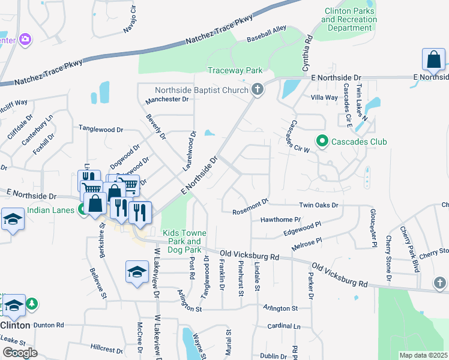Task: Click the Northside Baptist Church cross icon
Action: [258, 90]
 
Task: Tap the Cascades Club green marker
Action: [322, 142]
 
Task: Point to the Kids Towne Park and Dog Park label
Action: [182, 241]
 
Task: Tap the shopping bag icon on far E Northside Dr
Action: [433, 61]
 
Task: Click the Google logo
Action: [20, 352]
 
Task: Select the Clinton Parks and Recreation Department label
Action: [349, 19]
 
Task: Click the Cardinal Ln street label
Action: [284, 326]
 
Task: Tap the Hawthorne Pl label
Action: [280, 220]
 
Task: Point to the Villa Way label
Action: [324, 97]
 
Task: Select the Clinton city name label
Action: [15, 325]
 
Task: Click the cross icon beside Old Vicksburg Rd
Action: [439, 282]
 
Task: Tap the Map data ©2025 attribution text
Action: [423, 355]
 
